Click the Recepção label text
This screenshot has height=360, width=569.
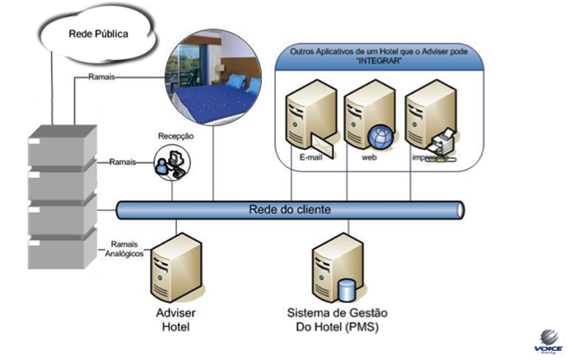(175, 135)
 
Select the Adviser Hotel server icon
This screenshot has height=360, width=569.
(173, 266)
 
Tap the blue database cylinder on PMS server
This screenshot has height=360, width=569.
(348, 292)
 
